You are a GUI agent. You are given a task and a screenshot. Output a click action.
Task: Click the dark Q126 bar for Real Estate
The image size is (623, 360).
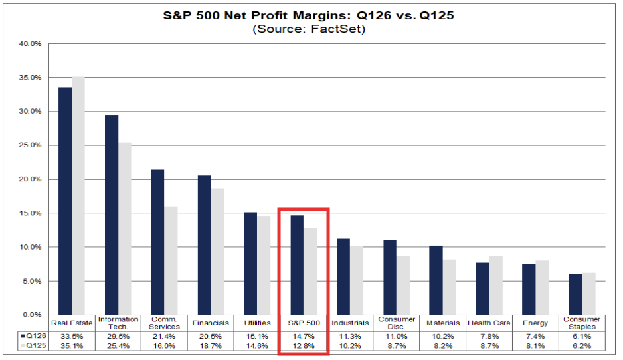point(65,201)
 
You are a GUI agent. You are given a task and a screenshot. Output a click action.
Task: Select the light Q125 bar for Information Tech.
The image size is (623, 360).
point(125,229)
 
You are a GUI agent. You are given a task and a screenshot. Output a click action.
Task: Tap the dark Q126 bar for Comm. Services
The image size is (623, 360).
point(157,242)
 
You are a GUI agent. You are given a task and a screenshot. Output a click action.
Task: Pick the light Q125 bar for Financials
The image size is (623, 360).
point(217,252)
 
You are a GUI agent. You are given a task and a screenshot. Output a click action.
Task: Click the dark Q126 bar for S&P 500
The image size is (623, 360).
point(297,265)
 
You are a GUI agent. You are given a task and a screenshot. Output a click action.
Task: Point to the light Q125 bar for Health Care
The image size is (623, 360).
point(496,286)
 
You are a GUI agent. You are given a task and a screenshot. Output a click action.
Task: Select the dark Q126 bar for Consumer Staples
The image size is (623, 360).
point(575,294)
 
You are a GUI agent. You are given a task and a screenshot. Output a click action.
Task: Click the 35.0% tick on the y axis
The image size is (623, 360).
point(30,78)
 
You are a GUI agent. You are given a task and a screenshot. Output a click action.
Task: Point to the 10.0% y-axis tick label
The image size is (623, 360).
point(30,247)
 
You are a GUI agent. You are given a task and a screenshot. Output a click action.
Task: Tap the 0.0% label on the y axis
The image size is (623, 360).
point(32,315)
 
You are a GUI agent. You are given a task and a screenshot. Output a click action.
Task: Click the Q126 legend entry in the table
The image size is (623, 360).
point(34,336)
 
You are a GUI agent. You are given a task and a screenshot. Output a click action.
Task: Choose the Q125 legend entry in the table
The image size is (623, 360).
point(34,345)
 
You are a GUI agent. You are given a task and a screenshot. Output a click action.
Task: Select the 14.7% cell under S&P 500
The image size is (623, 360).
point(304,337)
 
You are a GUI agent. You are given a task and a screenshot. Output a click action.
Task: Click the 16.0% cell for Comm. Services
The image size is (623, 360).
point(164,346)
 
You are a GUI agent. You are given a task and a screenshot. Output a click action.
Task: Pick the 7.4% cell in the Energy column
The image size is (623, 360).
point(535,337)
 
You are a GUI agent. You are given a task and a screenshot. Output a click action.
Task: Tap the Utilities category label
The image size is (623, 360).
point(257,323)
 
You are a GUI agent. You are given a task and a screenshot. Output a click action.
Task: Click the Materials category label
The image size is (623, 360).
point(443,323)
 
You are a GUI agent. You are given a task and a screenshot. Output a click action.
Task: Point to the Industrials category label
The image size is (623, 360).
point(350,323)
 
